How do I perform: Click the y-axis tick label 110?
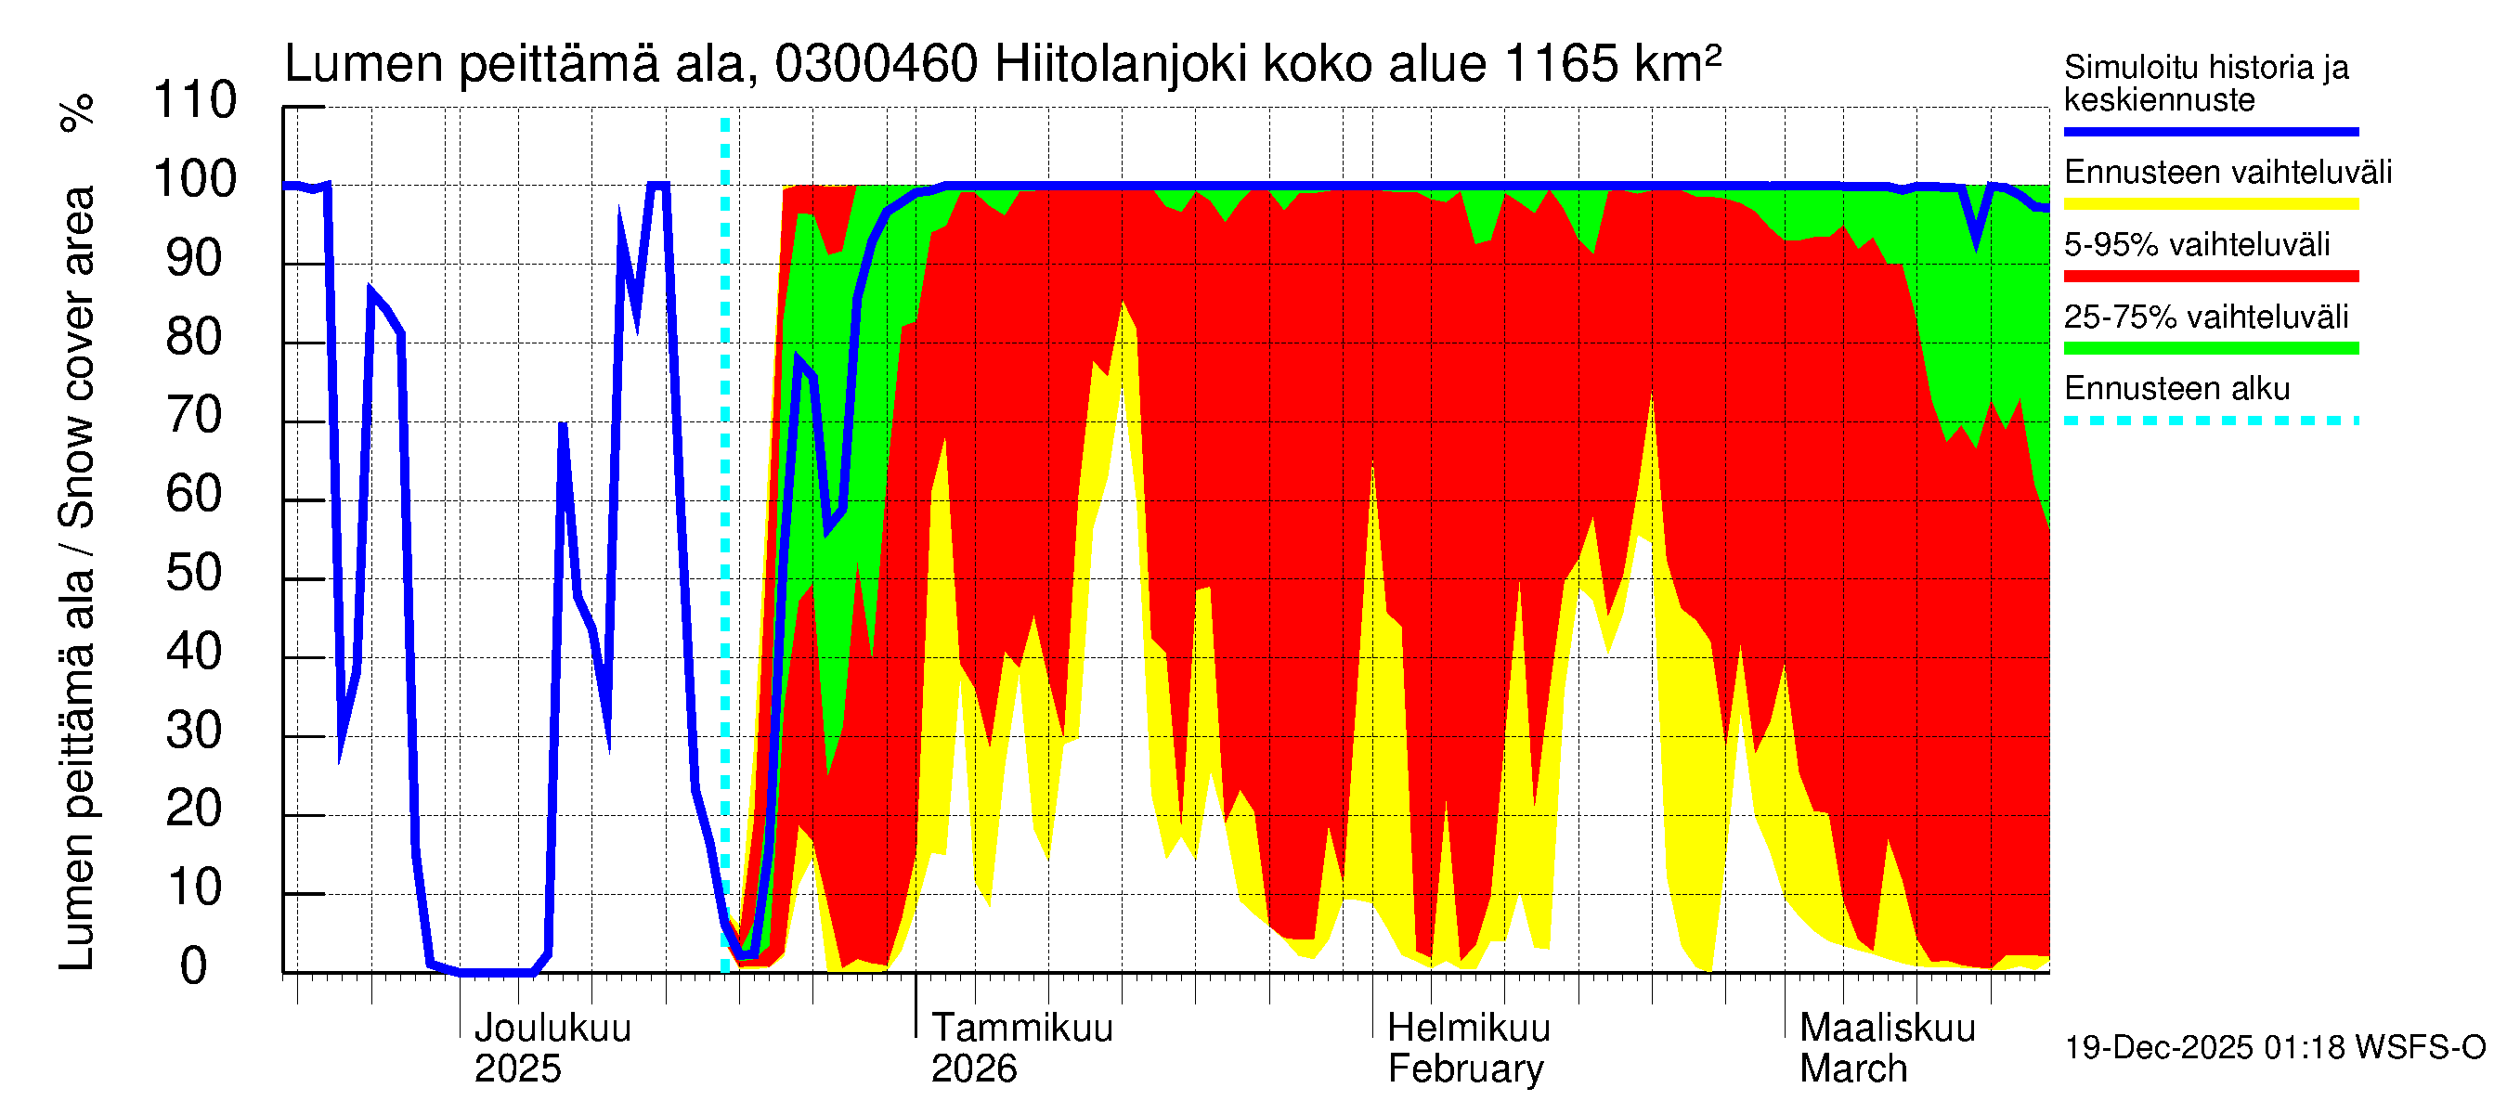tap(195, 100)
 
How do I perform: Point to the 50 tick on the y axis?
tap(195, 573)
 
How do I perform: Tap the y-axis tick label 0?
tap(194, 966)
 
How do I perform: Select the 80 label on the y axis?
tap(195, 337)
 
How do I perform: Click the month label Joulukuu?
tap(552, 1029)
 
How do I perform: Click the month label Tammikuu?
tap(1022, 1029)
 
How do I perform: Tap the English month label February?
tap(1464, 1069)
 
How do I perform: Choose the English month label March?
tap(1853, 1069)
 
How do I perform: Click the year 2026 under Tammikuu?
tap(973, 1069)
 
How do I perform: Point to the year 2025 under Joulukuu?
tap(517, 1069)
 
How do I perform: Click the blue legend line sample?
tap(2210, 131)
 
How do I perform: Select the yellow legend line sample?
tap(2210, 204)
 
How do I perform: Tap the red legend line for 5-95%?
tap(2210, 277)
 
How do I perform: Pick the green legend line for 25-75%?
tap(2210, 348)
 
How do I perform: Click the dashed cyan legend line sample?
tap(2210, 421)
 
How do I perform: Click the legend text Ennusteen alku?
tap(2176, 389)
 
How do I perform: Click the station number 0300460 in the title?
tap(876, 64)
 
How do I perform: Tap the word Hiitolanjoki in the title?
tap(1121, 64)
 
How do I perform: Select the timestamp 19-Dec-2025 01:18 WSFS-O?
tap(2274, 1048)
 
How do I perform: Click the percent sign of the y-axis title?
tap(77, 112)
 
